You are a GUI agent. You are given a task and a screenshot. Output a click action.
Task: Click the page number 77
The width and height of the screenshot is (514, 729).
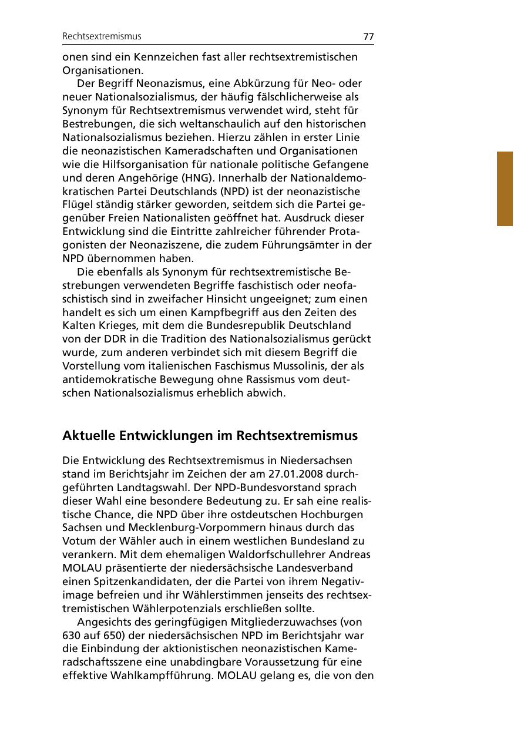click(x=368, y=36)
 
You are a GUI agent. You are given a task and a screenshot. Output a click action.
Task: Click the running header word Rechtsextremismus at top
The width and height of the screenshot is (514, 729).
click(x=102, y=36)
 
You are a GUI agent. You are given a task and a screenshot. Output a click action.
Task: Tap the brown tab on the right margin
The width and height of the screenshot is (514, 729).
click(x=505, y=189)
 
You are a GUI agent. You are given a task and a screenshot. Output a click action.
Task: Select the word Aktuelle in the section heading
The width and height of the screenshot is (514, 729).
click(x=89, y=436)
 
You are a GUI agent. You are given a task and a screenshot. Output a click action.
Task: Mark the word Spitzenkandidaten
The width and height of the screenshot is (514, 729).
click(x=132, y=582)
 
